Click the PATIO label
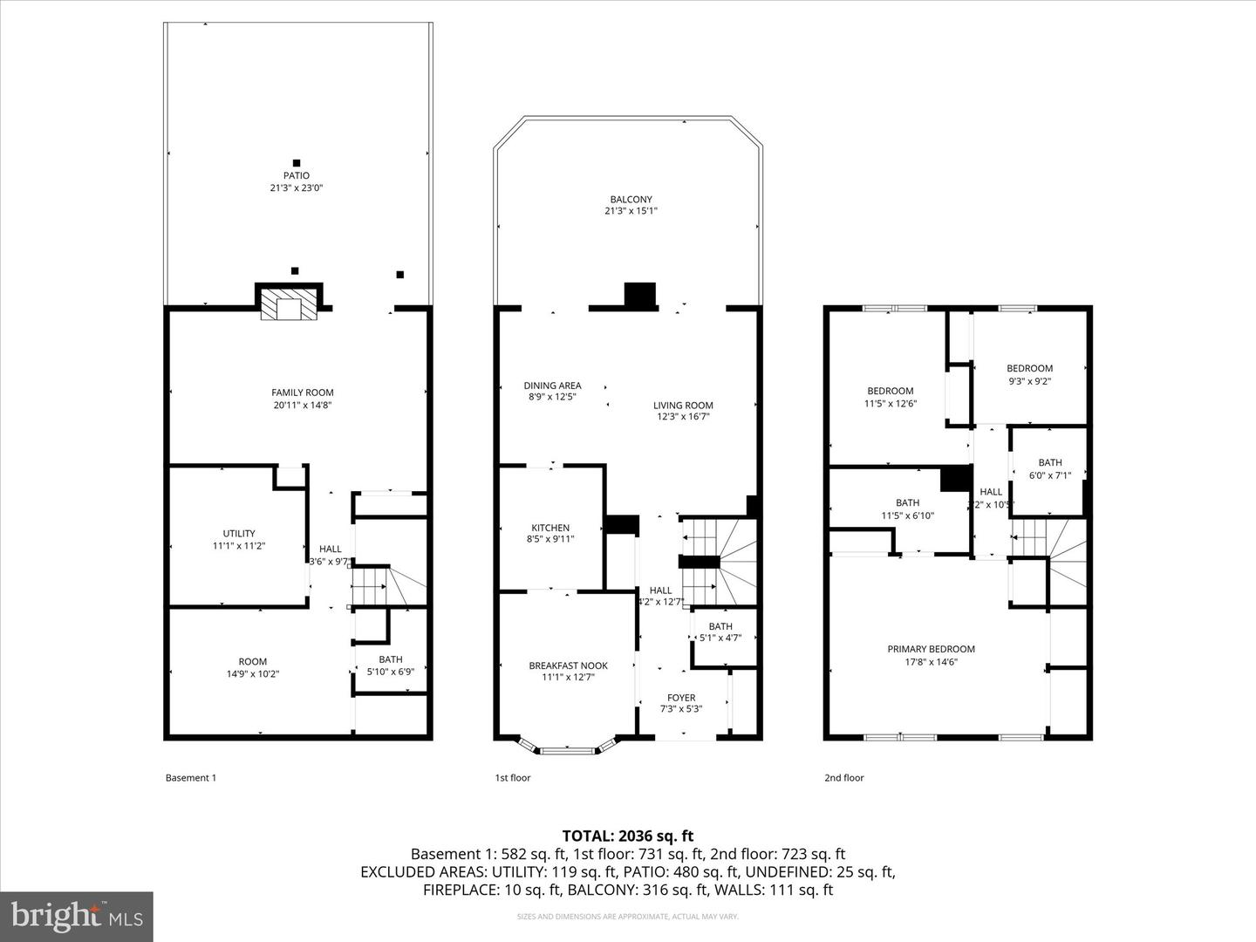(296, 176)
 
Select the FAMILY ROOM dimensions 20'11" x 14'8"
(302, 405)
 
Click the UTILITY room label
(239, 534)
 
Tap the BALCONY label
(631, 200)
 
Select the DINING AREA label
(552, 386)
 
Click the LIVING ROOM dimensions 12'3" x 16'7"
(683, 417)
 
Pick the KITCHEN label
(550, 528)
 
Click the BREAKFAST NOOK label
(568, 666)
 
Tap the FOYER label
(681, 698)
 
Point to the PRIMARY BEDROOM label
(931, 649)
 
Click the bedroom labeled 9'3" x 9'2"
(1029, 374)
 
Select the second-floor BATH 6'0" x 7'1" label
(1049, 468)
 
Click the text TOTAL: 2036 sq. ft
(627, 836)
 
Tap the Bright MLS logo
(77, 916)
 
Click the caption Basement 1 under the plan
(190, 778)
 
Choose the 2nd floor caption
(843, 778)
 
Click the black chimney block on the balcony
(640, 295)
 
